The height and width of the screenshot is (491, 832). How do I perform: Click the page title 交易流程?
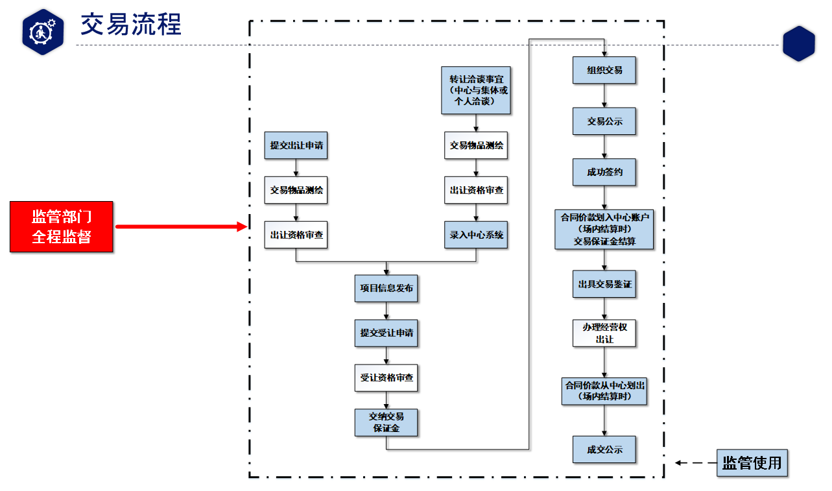tap(130, 24)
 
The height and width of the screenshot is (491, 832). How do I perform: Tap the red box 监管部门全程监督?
tap(62, 226)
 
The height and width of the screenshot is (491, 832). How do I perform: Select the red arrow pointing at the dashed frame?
tap(181, 226)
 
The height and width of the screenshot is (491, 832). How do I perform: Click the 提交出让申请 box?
tap(296, 145)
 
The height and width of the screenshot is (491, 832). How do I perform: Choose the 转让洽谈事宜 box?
tap(476, 90)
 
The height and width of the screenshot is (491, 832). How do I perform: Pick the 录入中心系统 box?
tap(476, 235)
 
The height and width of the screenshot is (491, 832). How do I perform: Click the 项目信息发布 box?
tap(386, 288)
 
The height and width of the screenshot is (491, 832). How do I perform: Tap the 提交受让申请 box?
tap(386, 333)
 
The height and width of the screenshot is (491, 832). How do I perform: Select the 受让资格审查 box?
tap(386, 377)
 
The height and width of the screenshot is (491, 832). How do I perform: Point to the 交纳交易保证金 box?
tap(386, 422)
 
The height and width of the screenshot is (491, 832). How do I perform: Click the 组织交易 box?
tap(604, 70)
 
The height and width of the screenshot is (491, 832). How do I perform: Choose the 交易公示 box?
tap(604, 121)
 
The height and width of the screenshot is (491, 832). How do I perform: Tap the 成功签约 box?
tap(604, 173)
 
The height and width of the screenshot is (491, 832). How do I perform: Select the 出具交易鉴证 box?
tap(604, 284)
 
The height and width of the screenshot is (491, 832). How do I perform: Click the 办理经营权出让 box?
tap(604, 333)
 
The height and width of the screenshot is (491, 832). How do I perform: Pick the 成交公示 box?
tap(604, 449)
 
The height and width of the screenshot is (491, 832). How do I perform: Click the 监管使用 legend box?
tap(752, 463)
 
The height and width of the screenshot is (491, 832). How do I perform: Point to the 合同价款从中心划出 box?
tap(604, 390)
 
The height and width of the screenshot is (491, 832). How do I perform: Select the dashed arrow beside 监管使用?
tap(694, 463)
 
